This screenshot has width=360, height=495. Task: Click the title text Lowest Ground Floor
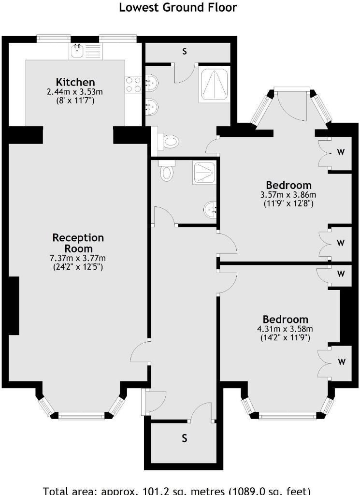click(x=178, y=7)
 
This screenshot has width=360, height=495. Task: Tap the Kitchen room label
click(x=75, y=82)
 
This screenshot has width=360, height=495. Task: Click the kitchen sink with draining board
click(x=86, y=51)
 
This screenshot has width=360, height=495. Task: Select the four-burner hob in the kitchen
click(x=133, y=84)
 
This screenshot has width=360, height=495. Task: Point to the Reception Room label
click(x=78, y=243)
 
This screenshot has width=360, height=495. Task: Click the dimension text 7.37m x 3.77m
click(x=78, y=258)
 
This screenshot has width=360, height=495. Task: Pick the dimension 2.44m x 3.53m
click(x=75, y=92)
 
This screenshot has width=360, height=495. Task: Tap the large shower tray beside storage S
click(x=215, y=84)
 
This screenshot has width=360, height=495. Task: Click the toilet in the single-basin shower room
click(x=167, y=171)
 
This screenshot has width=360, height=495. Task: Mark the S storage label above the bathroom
click(x=185, y=51)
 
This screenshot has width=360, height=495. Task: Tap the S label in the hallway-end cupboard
click(x=185, y=438)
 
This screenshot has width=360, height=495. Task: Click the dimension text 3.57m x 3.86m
click(x=288, y=195)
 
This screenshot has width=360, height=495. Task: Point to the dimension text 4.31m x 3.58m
click(x=285, y=329)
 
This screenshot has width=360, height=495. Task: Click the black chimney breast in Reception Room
click(x=14, y=306)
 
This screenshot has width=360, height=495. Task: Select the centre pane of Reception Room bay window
click(x=81, y=416)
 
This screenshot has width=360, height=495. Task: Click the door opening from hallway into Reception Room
click(x=139, y=352)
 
